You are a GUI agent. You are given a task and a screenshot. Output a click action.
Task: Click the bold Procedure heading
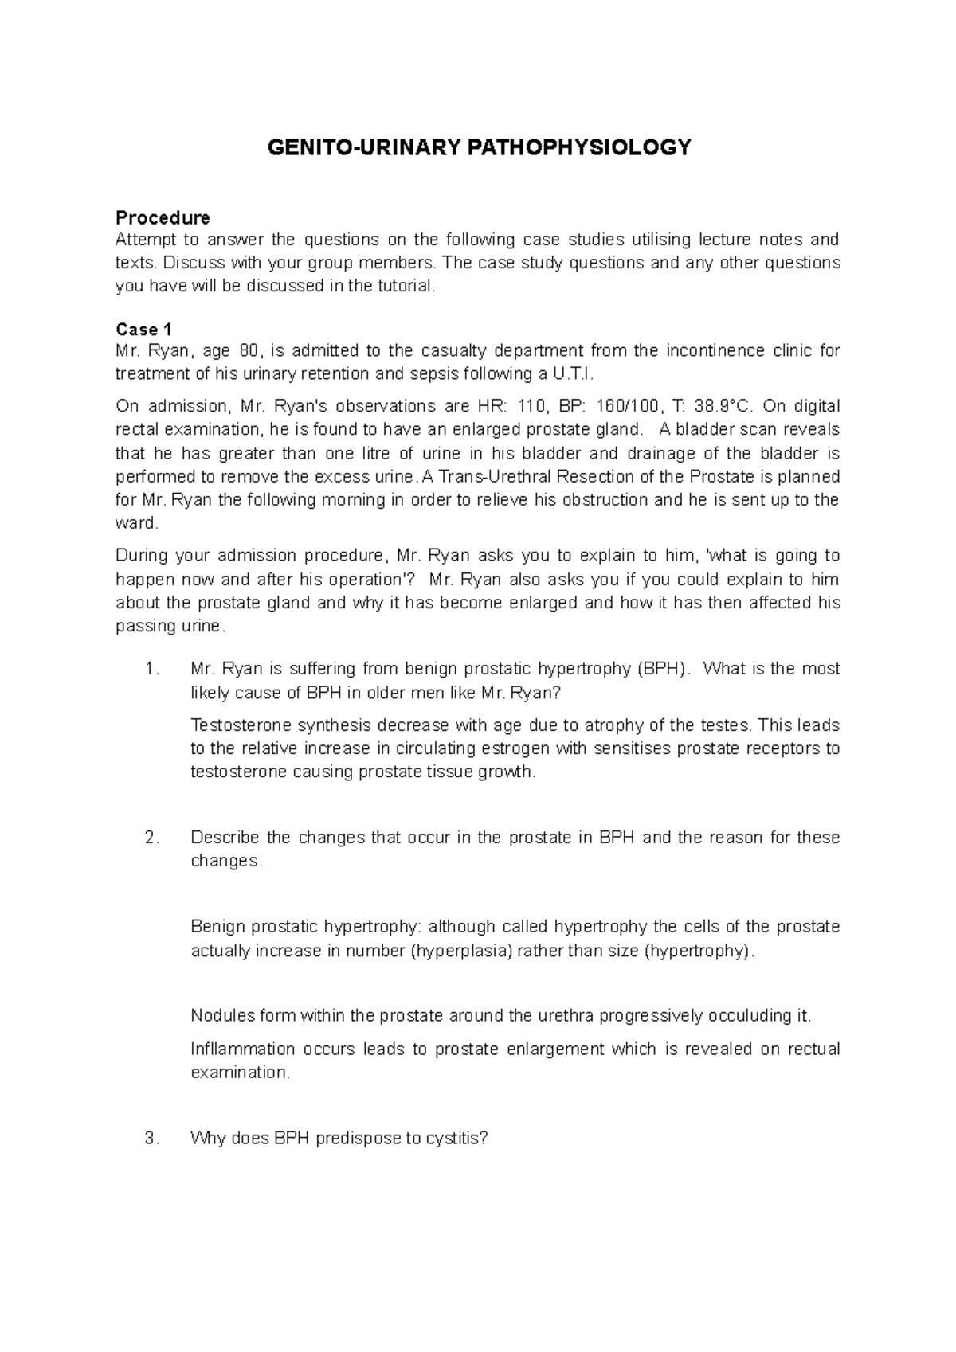coord(163,217)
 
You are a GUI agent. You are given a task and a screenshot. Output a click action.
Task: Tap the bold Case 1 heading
coord(144,329)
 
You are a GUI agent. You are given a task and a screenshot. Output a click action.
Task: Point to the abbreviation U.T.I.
coord(572,374)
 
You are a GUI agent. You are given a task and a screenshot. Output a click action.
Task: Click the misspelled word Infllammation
coord(242,1049)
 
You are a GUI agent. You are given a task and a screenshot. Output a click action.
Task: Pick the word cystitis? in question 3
coord(456,1139)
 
